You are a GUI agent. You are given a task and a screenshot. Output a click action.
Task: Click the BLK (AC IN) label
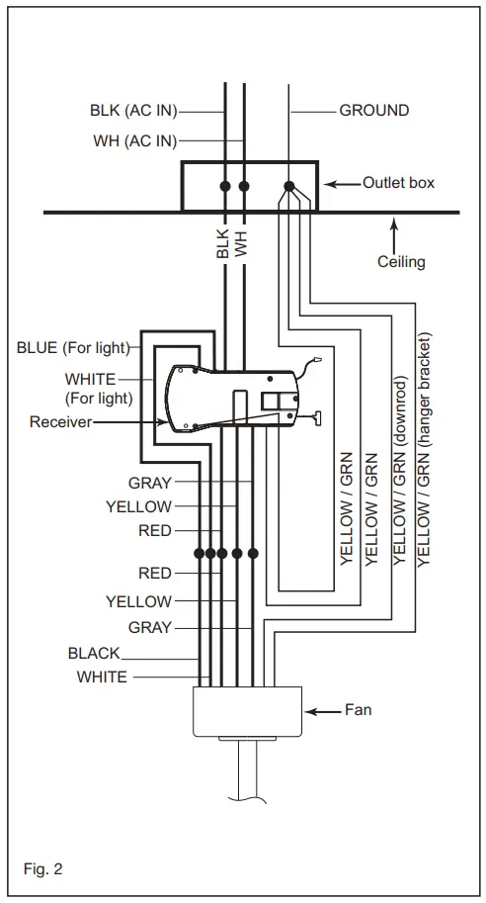click(x=132, y=111)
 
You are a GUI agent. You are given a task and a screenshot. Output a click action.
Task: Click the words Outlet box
click(x=398, y=183)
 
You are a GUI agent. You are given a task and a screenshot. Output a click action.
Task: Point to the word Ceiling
click(x=401, y=262)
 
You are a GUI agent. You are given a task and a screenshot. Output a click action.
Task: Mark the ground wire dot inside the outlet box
click(x=289, y=186)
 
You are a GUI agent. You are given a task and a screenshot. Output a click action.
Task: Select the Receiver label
click(x=61, y=422)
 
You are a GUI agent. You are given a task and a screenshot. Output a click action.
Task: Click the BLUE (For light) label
click(x=73, y=348)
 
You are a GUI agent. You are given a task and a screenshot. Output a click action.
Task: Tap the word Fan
click(x=358, y=710)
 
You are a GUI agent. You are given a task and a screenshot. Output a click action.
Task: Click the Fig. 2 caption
click(x=43, y=870)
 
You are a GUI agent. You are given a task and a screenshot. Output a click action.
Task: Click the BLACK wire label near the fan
click(x=94, y=654)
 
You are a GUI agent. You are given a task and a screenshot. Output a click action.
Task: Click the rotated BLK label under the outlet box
click(x=223, y=241)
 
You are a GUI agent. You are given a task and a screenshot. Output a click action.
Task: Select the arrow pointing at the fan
click(x=323, y=711)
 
